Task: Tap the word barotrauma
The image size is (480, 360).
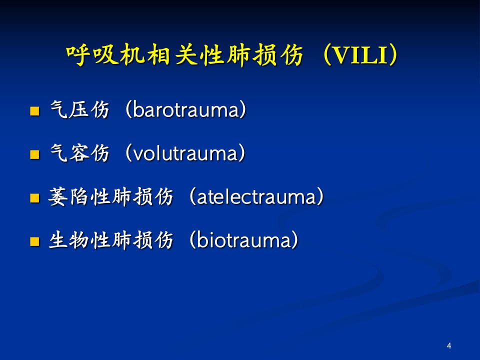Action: pyautogui.click(x=185, y=109)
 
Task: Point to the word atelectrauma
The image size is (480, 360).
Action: pyautogui.click(x=256, y=196)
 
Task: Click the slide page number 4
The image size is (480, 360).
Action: pyautogui.click(x=449, y=346)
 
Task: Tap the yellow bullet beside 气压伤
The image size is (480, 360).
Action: pyautogui.click(x=34, y=111)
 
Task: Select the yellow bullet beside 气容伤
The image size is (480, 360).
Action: pyautogui.click(x=34, y=154)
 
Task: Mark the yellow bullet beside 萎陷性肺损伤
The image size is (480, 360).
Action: pyautogui.click(x=34, y=198)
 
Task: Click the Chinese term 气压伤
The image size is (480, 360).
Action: pyautogui.click(x=79, y=109)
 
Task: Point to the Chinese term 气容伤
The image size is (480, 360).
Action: pyautogui.click(x=79, y=153)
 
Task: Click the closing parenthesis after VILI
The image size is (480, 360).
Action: pyautogui.click(x=393, y=55)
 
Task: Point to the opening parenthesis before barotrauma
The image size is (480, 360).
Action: pyautogui.click(x=128, y=109)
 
